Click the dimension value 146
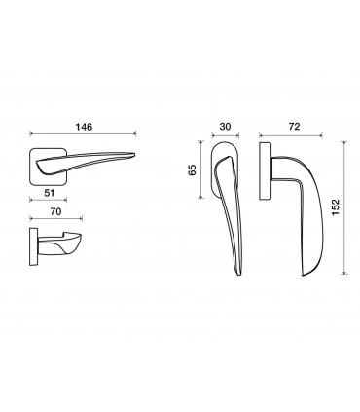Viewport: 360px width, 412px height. coord(84,127)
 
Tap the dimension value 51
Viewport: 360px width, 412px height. coord(49,193)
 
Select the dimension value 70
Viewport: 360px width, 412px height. coord(55,211)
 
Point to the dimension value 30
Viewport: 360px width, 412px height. coord(225,127)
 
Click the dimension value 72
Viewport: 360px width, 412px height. coord(294,127)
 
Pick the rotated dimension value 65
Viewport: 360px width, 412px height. coord(193,169)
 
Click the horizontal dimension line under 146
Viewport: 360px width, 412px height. coord(83,133)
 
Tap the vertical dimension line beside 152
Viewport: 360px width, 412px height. coord(344,207)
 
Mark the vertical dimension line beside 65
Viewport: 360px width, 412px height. coord(201,169)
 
